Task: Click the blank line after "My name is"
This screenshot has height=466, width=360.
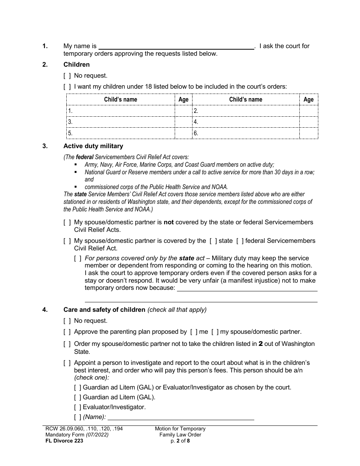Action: tap(176, 46)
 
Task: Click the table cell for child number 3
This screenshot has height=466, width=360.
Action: tap(121, 122)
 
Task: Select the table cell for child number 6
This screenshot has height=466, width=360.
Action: tap(246, 133)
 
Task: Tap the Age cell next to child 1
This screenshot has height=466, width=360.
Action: tap(183, 111)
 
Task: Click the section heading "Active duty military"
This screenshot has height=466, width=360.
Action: tap(93, 146)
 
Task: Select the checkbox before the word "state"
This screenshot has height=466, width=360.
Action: tap(213, 241)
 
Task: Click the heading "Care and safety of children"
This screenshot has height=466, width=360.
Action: tap(104, 310)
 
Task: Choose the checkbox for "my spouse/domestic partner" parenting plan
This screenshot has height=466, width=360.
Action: tap(215, 332)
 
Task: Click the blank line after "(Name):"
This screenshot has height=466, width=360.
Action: tap(181, 417)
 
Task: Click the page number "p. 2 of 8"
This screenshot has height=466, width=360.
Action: tap(180, 441)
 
